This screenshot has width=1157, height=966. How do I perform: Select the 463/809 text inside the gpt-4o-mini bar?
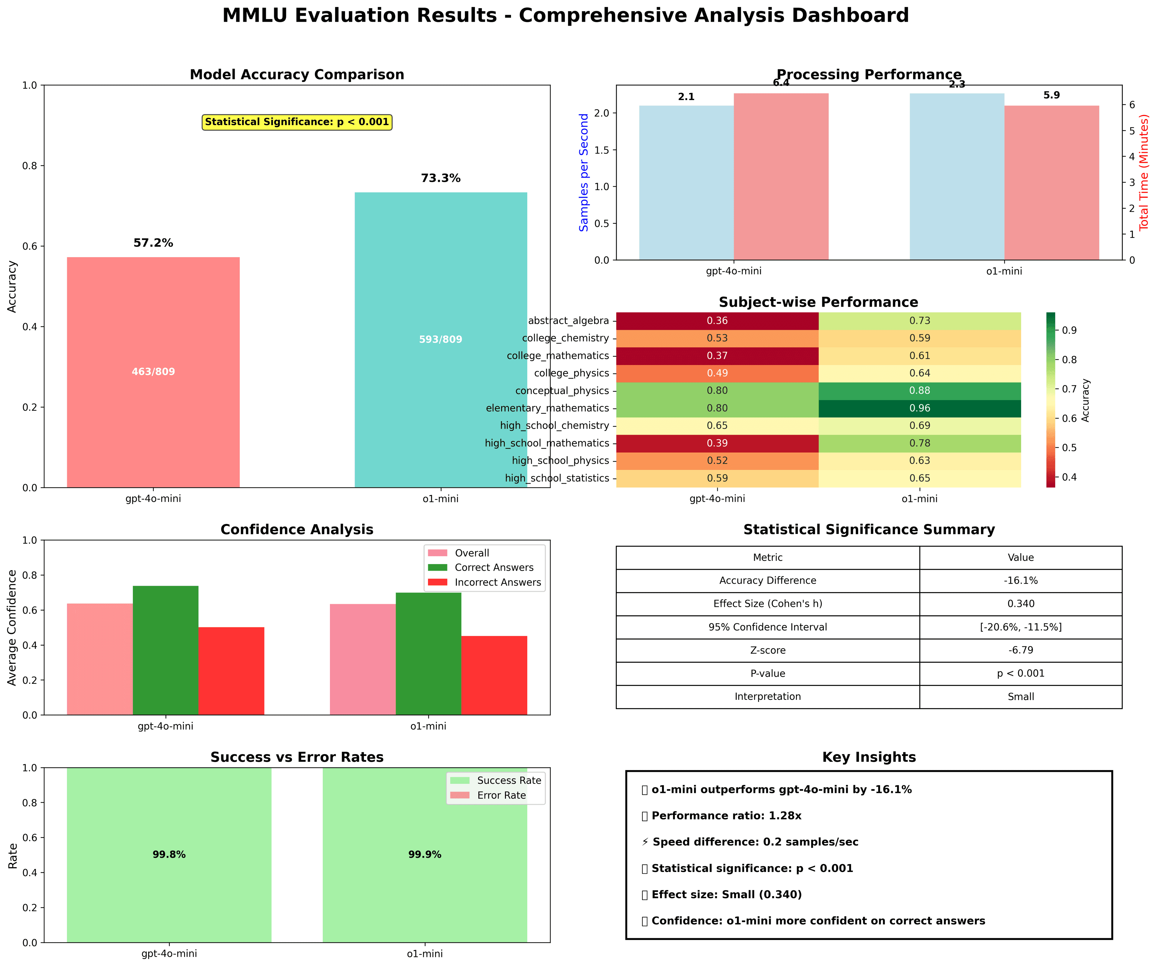click(x=153, y=372)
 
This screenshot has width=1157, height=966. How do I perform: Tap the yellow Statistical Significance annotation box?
click(x=297, y=122)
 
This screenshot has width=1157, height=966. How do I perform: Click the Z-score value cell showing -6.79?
click(x=1021, y=650)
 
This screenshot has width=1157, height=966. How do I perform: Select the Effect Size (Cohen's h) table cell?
click(x=767, y=604)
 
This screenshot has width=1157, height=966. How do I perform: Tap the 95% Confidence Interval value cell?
click(x=1021, y=627)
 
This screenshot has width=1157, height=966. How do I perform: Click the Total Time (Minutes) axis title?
click(x=1144, y=172)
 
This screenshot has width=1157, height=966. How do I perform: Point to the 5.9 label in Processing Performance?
click(x=1051, y=95)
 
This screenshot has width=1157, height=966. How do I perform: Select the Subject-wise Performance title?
click(x=818, y=302)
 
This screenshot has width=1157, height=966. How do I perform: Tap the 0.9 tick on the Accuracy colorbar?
click(x=1069, y=330)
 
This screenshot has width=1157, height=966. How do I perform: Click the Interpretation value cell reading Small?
click(x=1021, y=696)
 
